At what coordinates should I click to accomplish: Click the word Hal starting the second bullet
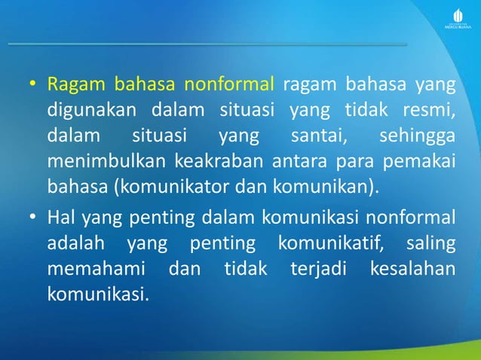[60, 219]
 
